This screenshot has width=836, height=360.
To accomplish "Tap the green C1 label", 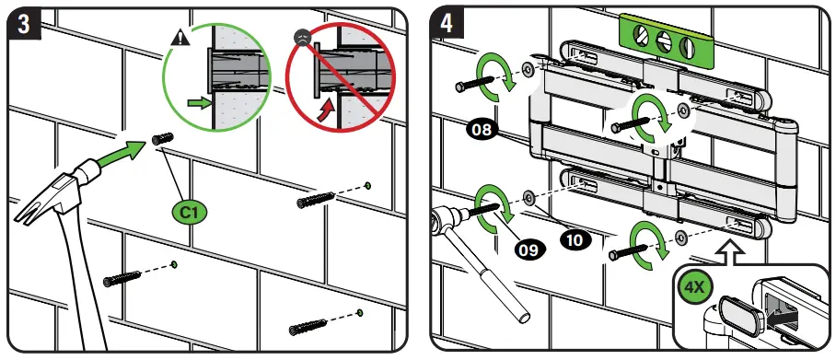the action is click(190, 214).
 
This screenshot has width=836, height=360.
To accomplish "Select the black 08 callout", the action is click(482, 130).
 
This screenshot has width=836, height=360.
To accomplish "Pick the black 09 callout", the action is click(528, 250).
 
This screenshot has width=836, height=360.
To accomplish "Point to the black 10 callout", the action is click(575, 239).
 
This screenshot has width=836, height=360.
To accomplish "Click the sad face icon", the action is click(302, 38).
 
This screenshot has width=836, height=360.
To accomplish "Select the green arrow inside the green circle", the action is click(197, 103).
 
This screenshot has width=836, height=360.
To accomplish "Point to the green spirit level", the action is click(665, 41).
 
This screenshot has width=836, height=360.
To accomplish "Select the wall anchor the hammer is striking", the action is click(162, 139).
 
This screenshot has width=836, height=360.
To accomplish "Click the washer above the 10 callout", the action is click(528, 197).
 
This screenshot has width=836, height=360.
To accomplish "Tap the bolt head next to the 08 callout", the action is click(460, 86).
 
